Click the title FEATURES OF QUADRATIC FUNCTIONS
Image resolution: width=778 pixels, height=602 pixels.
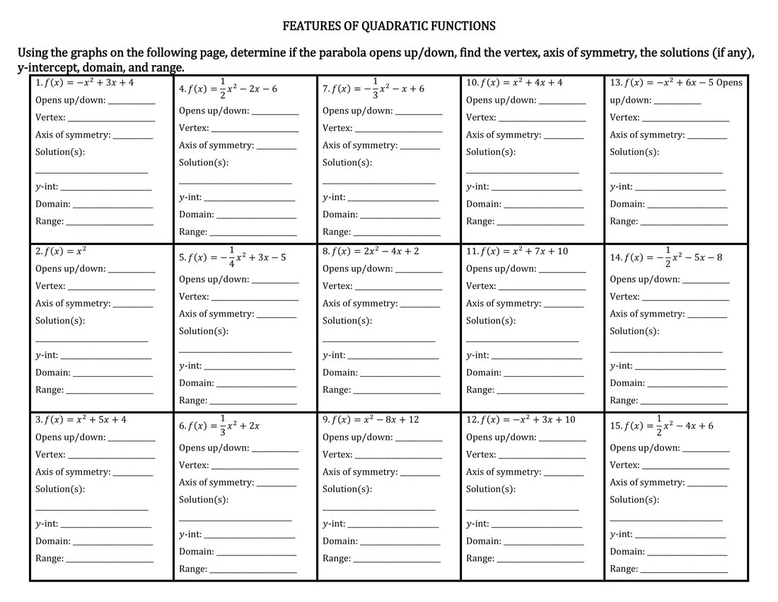[388, 26]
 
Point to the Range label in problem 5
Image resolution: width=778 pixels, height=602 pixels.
[193, 400]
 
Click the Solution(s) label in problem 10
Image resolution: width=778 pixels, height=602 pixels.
[490, 152]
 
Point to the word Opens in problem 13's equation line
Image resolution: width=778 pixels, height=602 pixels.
[729, 82]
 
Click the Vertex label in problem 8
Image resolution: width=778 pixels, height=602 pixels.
[337, 286]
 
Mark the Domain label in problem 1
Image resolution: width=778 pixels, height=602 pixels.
[52, 204]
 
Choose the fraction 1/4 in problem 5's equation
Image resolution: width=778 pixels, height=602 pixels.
[231, 257]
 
